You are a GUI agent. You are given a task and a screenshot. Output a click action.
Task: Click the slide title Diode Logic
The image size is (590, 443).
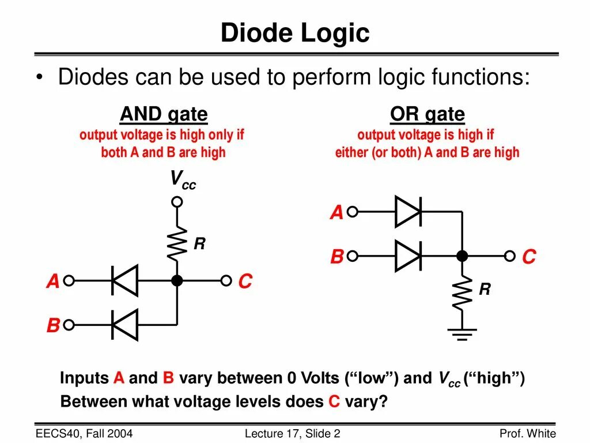294,33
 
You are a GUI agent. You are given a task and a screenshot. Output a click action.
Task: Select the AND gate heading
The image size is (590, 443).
164,114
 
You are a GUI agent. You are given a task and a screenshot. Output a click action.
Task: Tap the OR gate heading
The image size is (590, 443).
427,114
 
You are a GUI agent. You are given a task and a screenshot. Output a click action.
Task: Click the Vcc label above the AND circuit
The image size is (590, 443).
182,180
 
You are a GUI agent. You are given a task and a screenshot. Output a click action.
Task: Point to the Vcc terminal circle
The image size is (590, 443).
177,201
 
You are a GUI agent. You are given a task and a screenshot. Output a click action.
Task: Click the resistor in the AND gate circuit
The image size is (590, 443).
177,243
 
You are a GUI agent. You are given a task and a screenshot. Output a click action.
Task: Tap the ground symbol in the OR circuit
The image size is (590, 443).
462,333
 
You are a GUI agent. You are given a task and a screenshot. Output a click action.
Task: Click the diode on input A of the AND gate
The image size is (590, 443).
124,281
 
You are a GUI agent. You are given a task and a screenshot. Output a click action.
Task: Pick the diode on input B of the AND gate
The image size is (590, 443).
124,325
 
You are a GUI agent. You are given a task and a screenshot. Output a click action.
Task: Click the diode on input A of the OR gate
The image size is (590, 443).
408,212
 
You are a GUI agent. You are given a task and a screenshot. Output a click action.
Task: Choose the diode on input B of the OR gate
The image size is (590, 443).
408,256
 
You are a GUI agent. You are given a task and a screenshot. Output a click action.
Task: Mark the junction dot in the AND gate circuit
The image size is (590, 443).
177,281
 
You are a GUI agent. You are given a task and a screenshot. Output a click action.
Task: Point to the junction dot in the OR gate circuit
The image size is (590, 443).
462,256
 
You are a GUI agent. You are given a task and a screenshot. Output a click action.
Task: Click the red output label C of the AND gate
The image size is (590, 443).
245,282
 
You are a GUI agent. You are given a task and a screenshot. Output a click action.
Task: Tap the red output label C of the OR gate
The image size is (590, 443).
529,257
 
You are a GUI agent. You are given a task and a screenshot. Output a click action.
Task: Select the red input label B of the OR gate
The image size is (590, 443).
337,257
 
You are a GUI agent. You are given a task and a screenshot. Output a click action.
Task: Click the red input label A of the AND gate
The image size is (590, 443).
53,282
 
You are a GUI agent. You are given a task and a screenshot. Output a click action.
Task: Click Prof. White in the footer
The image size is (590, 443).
527,434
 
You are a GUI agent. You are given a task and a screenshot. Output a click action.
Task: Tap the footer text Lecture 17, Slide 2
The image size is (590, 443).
293,434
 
